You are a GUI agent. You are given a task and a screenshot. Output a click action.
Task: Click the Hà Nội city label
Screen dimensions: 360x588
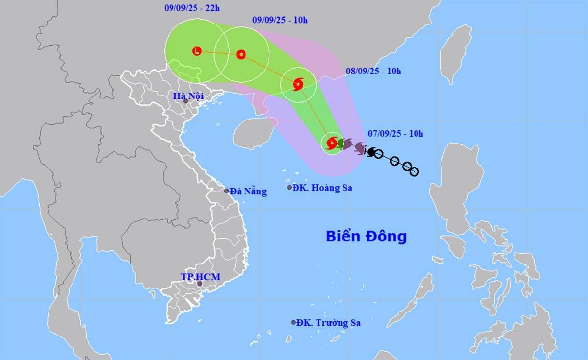[188, 96]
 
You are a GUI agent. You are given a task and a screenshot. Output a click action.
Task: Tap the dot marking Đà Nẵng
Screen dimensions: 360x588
[227, 191]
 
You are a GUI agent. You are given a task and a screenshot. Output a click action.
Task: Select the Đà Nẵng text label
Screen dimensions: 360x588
[248, 192]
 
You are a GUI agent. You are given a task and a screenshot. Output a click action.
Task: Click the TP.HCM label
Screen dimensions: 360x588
[200, 277]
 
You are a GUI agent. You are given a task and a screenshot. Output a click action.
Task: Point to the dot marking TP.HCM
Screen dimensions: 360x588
[200, 284]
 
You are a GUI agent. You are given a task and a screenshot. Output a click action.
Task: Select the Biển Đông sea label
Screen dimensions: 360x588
[367, 237]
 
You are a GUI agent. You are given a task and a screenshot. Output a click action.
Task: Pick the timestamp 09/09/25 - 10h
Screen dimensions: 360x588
[279, 20]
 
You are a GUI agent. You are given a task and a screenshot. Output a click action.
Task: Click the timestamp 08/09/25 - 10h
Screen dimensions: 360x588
[373, 71]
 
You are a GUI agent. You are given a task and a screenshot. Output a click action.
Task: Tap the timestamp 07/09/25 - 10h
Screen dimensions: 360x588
[395, 133]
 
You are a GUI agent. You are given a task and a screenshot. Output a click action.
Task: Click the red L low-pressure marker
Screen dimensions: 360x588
[197, 50]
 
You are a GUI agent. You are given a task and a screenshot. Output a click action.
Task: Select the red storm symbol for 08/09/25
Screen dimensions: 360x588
[298, 84]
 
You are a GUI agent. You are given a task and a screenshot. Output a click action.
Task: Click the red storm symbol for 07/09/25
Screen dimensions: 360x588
[332, 143]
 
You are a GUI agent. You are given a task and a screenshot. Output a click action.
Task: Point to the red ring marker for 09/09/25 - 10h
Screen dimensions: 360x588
[241, 54]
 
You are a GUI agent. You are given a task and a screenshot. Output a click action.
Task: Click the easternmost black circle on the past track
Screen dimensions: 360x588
[414, 171]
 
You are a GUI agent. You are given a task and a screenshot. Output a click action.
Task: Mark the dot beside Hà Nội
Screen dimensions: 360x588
[186, 101]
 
